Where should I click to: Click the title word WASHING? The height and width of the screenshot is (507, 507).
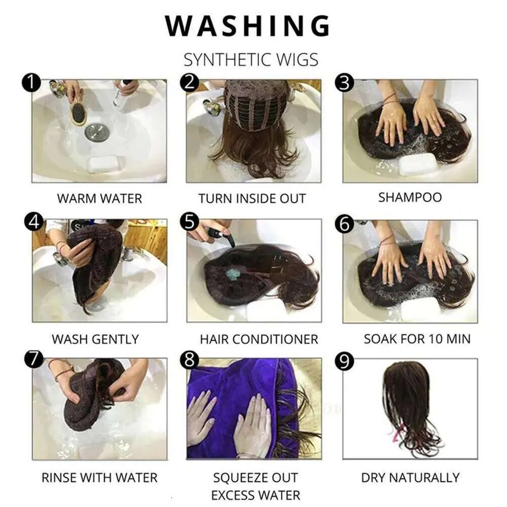[248, 25]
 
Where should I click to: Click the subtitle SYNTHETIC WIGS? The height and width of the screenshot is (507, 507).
[251, 59]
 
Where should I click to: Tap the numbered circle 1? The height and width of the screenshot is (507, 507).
[31, 83]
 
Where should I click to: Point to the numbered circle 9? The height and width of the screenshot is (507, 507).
[344, 361]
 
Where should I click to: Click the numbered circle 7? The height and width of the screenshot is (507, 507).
[34, 359]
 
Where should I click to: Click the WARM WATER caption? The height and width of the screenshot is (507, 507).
[99, 199]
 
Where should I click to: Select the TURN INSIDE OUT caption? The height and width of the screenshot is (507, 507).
[252, 199]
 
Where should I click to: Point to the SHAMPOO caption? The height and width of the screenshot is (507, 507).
[410, 197]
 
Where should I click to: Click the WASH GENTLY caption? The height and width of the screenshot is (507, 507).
[95, 339]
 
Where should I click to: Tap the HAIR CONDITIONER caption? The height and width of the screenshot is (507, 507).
[259, 339]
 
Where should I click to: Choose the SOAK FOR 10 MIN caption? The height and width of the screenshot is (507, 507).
[417, 339]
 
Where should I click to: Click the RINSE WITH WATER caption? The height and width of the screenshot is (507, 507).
[99, 478]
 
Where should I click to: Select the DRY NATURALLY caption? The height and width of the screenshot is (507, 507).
[410, 478]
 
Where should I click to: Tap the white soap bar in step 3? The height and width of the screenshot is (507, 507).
[418, 164]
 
